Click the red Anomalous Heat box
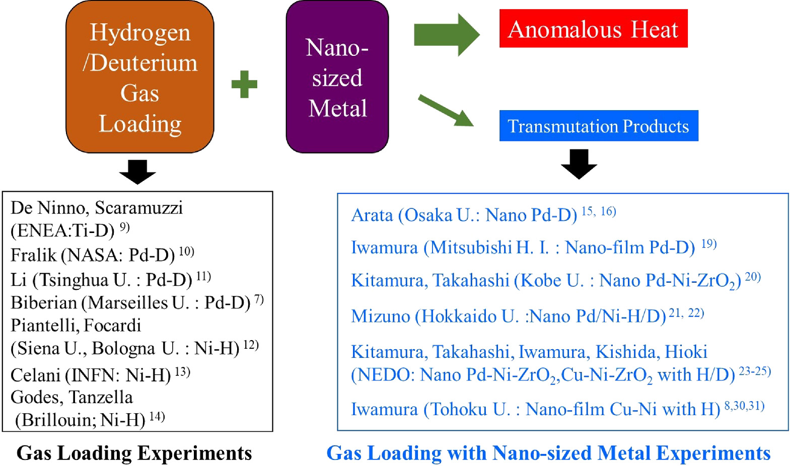[x=593, y=29]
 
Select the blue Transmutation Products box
[x=598, y=126]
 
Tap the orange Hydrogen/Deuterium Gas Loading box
[x=140, y=77]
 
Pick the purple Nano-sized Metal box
[x=337, y=77]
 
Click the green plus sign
[x=244, y=84]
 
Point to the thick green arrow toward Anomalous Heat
[x=446, y=35]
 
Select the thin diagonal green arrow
[x=446, y=110]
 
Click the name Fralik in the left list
[x=33, y=255]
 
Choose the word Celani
[x=35, y=375]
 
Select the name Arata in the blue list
[x=372, y=215]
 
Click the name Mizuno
[x=381, y=316]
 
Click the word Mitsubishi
[x=471, y=248]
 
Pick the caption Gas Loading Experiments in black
[x=134, y=453]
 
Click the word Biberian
[x=43, y=302]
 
